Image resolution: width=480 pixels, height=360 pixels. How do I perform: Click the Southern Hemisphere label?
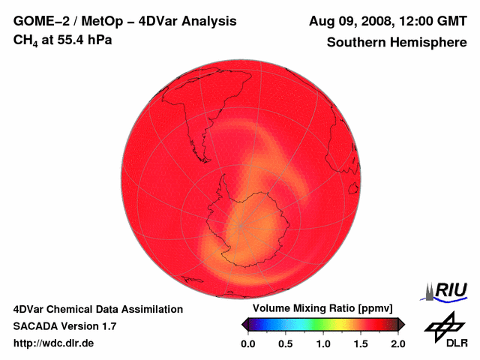coord(396,43)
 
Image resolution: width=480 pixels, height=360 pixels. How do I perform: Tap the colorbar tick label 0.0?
coord(247,343)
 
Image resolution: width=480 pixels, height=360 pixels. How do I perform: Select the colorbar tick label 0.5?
coord(285,343)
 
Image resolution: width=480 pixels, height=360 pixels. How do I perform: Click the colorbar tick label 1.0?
coord(322,343)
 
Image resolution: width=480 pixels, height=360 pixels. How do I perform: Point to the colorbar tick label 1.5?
coord(360,343)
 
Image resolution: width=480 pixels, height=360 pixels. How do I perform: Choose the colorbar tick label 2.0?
coord(397,343)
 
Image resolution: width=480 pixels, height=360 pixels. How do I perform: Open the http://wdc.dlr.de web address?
coord(54,343)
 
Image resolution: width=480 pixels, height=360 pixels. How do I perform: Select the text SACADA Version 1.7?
coord(64,326)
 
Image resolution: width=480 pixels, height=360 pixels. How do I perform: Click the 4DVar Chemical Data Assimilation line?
coord(97,309)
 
